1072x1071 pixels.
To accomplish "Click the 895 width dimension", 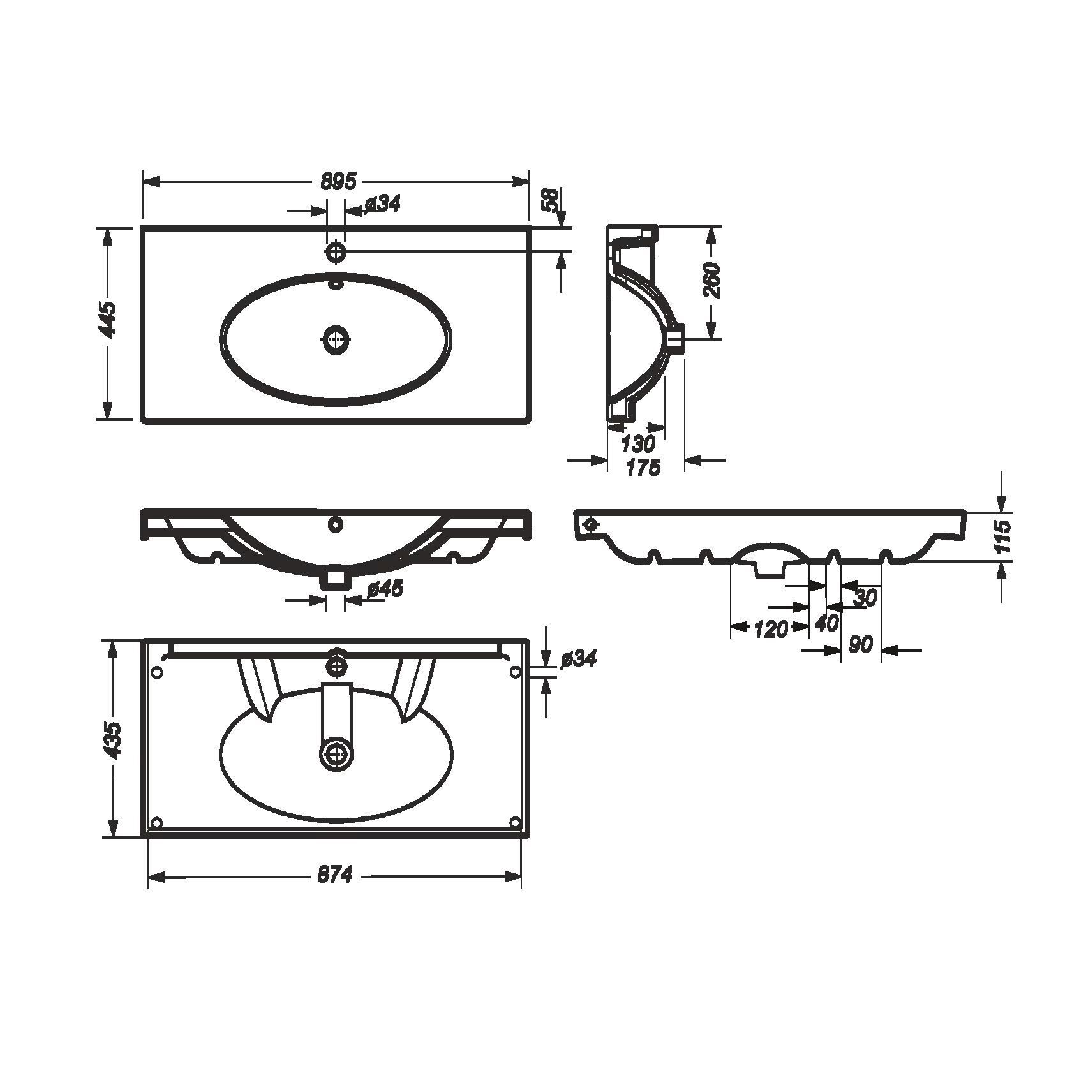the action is tap(338, 181).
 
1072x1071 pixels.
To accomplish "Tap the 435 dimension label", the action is tap(113, 741).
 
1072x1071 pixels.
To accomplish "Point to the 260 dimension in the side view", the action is tap(711, 280).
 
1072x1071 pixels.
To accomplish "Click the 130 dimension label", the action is tap(638, 443).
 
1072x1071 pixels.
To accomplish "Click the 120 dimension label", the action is tap(770, 630).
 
